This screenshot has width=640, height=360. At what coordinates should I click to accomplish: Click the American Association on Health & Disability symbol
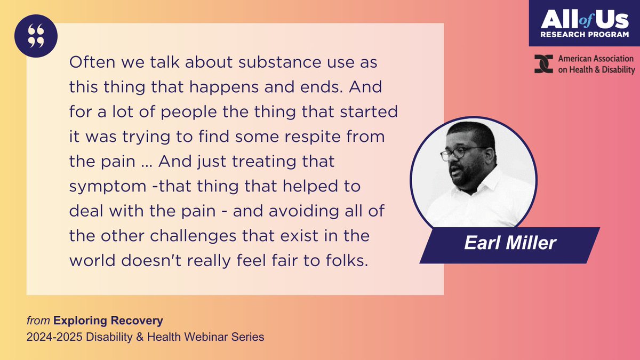coord(543,64)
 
